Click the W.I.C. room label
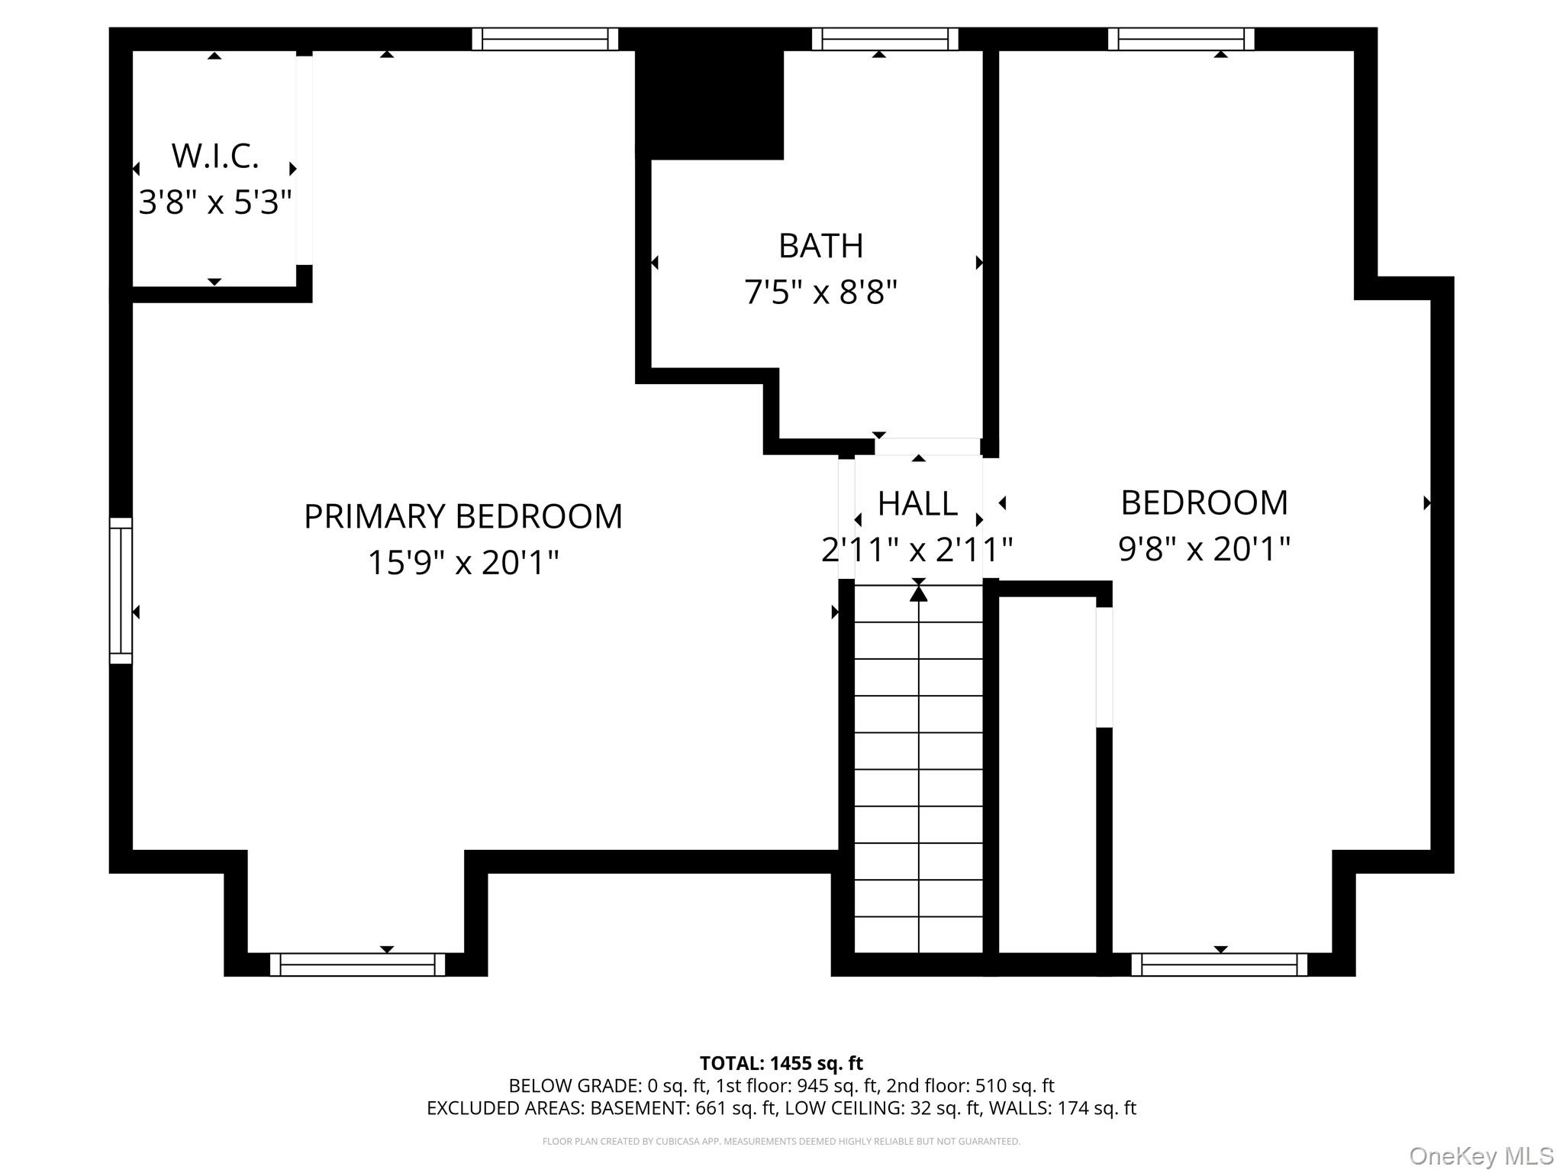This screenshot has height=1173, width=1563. pos(215,157)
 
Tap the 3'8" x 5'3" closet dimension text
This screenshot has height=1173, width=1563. pos(215,203)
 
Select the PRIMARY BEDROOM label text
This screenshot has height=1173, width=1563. pos(462,517)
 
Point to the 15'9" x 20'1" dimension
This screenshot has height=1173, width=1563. pos(462,564)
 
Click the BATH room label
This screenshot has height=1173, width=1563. pos(820,247)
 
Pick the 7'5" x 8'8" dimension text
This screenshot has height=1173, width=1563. pos(820,292)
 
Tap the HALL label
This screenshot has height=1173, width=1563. pos(917,504)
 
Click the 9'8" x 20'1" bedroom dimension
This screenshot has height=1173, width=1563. pos(1204,549)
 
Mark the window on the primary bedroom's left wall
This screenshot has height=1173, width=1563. pos(121,590)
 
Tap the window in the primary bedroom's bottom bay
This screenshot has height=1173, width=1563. pos(357,965)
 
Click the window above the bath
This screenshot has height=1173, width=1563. pos(885,39)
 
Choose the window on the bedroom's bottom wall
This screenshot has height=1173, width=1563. pos(1219,965)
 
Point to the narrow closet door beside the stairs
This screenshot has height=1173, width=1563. pos(1104,667)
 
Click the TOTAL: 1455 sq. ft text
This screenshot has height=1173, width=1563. pos(781,1063)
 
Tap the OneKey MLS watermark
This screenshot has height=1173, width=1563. pos(1481,1155)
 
